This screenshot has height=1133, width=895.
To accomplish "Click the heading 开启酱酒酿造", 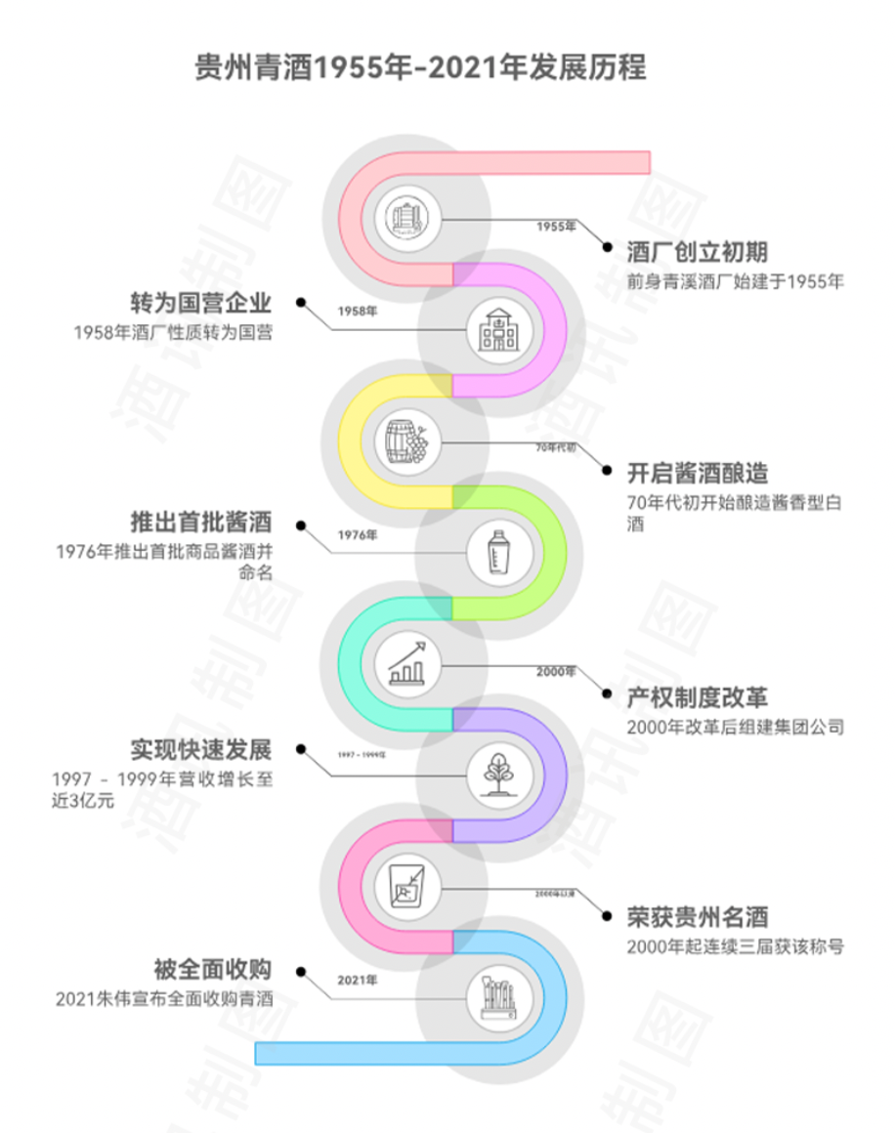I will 697,474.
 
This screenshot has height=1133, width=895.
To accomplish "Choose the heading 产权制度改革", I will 697,697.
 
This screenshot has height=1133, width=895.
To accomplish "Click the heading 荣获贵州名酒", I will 697,916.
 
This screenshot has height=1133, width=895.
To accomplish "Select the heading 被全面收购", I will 212,970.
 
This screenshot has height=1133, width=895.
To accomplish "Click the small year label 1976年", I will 357,534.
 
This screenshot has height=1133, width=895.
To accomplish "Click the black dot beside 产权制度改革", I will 606,697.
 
